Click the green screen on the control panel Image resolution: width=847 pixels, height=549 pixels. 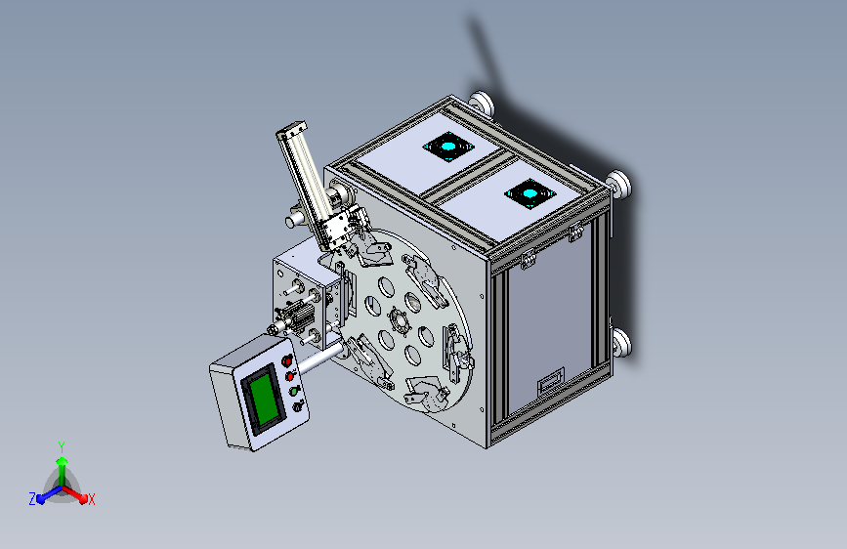(264, 399)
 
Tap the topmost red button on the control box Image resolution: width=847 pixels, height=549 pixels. (287, 360)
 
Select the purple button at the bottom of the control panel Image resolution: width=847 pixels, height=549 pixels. (297, 407)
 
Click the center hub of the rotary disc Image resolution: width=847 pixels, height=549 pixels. (400, 322)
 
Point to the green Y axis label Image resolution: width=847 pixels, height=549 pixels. (62, 447)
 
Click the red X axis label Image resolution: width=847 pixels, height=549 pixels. (91, 500)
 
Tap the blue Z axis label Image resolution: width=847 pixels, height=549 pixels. (32, 499)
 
